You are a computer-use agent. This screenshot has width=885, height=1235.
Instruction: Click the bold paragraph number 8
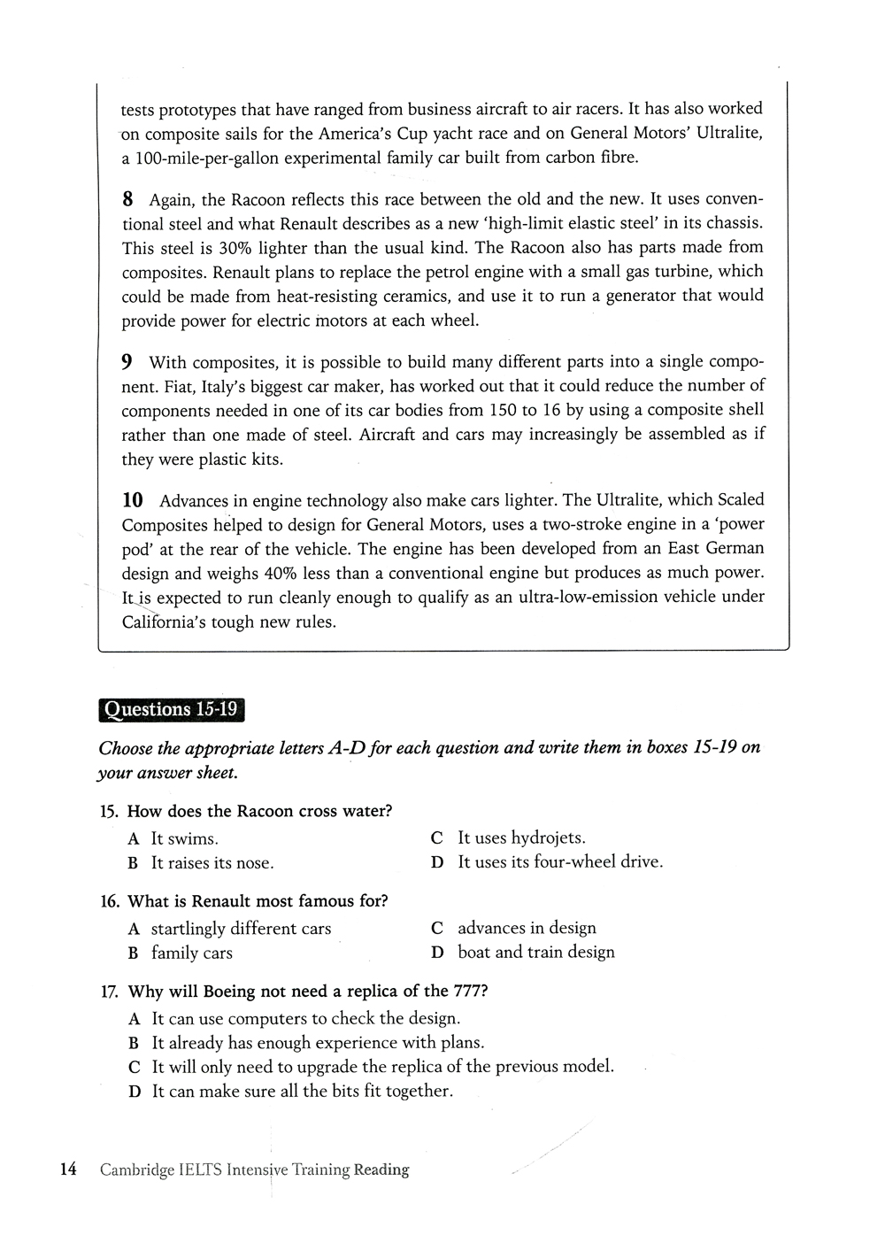click(x=127, y=199)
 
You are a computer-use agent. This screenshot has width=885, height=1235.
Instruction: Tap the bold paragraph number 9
click(x=127, y=362)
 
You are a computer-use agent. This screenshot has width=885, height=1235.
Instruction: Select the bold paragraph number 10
click(x=133, y=500)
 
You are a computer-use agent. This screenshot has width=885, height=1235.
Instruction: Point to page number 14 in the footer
click(x=68, y=1169)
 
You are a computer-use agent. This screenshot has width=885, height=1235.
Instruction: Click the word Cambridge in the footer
click(x=136, y=1169)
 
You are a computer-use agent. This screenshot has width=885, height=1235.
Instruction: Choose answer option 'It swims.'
click(x=184, y=838)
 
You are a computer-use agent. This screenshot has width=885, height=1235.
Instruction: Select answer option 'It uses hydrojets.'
click(x=521, y=837)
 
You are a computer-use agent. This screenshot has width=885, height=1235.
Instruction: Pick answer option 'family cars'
click(x=191, y=953)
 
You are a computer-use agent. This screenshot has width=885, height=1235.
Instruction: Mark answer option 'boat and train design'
click(x=535, y=952)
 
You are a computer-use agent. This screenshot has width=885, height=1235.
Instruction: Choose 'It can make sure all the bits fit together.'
click(x=302, y=1091)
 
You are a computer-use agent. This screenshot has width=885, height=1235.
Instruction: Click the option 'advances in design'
click(x=527, y=928)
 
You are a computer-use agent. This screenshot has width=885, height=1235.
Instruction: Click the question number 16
click(x=110, y=901)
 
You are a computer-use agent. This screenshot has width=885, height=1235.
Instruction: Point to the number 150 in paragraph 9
click(x=503, y=410)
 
